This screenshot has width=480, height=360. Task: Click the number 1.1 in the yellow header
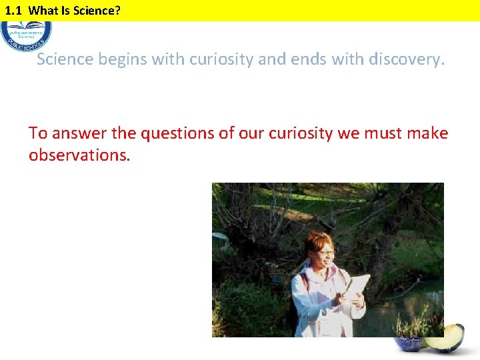(x=13, y=10)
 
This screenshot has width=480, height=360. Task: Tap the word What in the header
(x=43, y=10)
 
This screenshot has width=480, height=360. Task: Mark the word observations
(x=79, y=155)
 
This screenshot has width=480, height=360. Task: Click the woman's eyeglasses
(x=325, y=253)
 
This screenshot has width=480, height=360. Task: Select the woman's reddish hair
(x=318, y=240)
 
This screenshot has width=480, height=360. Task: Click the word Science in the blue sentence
(x=65, y=59)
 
